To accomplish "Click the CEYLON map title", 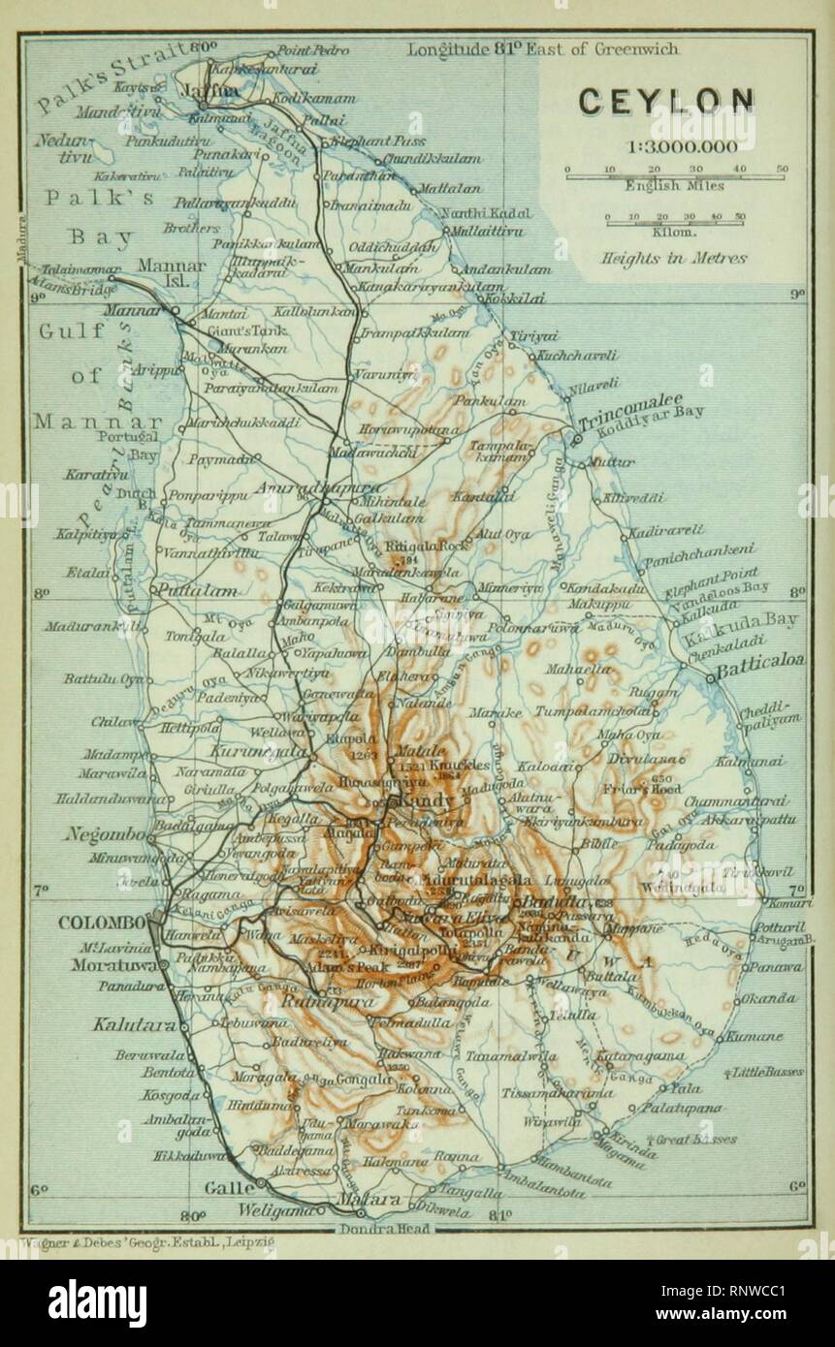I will pos(665,101).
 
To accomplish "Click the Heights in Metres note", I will pos(673,258).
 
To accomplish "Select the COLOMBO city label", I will pos(102,923).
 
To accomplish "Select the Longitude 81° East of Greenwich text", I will pos(542,48).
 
